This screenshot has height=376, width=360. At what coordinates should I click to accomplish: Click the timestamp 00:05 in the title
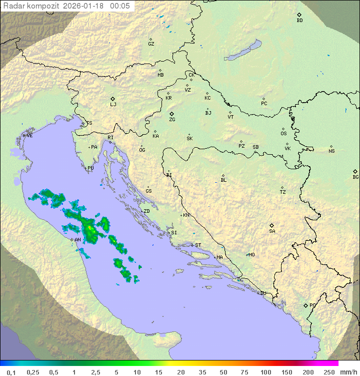click(x=120, y=6)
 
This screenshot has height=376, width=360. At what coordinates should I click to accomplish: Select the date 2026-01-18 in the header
click(x=85, y=6)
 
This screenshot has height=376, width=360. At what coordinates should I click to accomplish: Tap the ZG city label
click(x=172, y=120)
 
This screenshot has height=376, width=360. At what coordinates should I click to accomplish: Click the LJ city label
click(x=113, y=105)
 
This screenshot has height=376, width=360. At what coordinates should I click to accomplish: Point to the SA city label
click(x=272, y=231)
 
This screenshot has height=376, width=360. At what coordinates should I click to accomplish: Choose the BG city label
click(x=355, y=177)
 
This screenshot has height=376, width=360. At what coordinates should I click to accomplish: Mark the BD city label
click(x=299, y=21)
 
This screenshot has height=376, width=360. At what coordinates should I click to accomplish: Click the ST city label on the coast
click(x=198, y=245)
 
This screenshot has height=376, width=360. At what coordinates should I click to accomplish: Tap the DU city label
click(x=262, y=293)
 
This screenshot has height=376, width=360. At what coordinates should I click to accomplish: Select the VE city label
click(x=29, y=136)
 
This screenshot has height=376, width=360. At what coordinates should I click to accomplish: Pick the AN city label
click(x=78, y=240)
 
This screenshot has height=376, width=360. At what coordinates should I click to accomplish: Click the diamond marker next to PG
click(x=305, y=305)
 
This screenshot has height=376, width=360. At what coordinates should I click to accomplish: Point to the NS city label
click(x=331, y=151)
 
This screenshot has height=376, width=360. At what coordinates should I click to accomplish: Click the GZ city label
click(x=151, y=44)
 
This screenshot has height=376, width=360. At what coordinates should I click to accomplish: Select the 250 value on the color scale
click(x=328, y=372)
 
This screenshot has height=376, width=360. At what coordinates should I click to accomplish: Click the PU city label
click(x=90, y=168)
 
